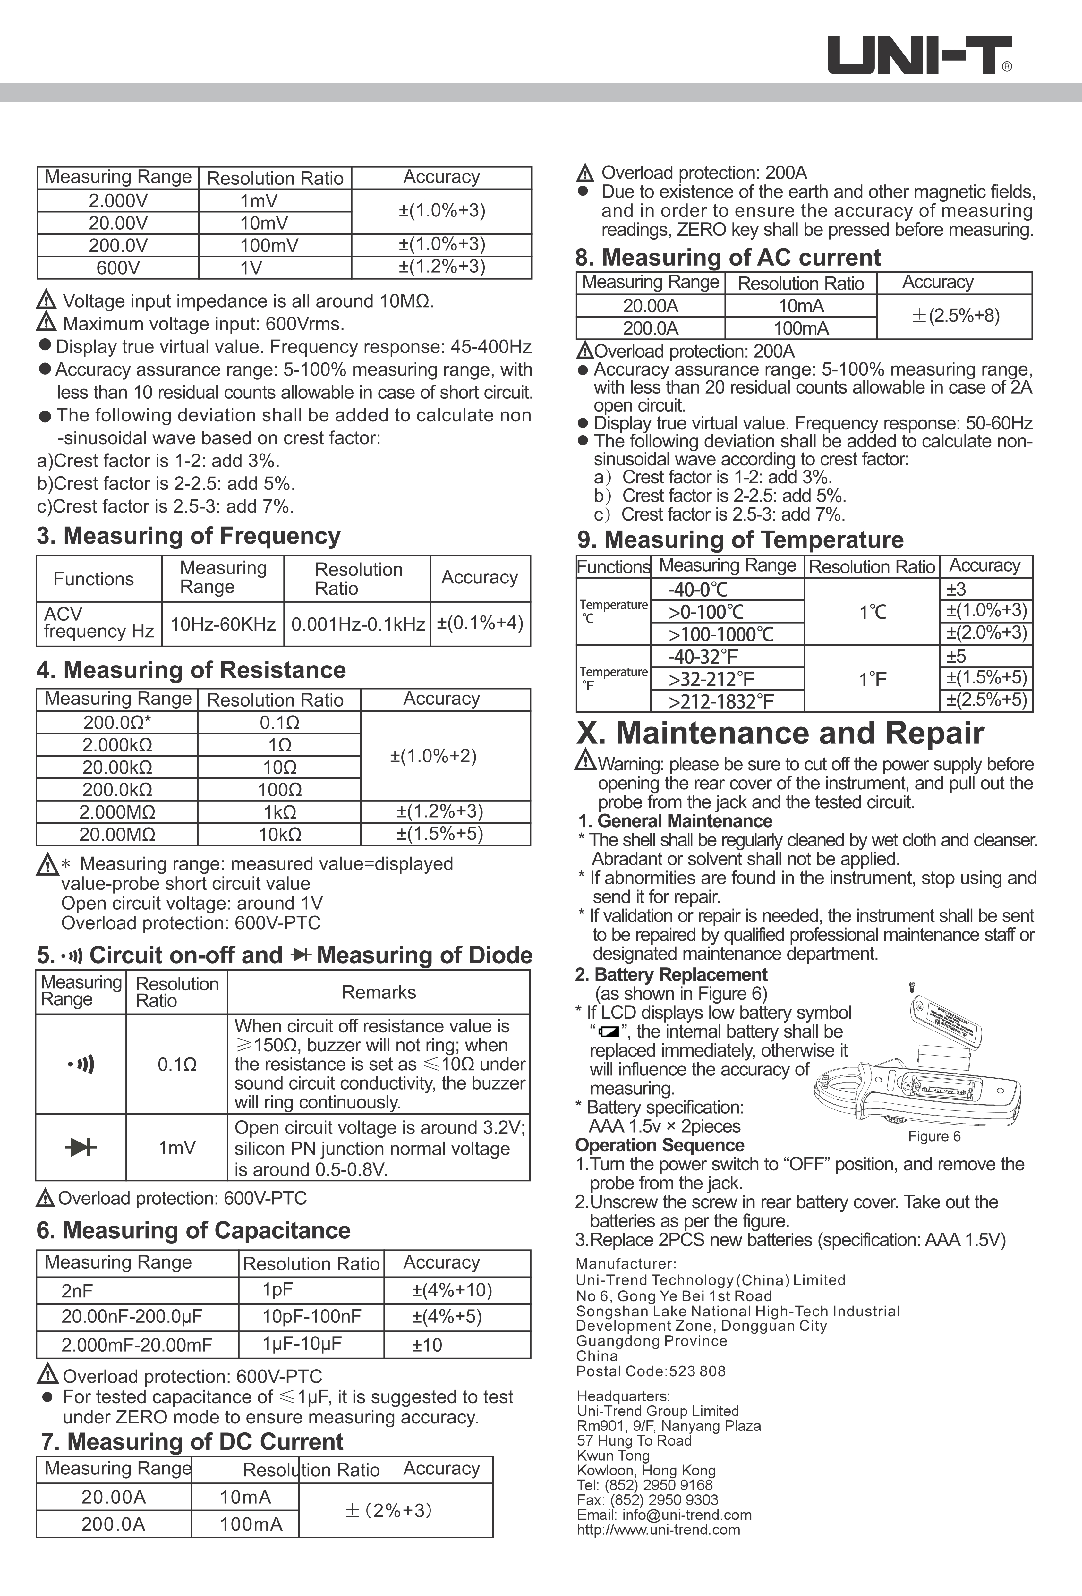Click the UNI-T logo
click(x=919, y=55)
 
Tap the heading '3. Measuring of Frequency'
click(x=188, y=536)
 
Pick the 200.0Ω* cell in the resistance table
click(x=117, y=722)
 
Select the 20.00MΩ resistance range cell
click(x=117, y=834)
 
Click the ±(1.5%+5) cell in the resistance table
click(x=440, y=834)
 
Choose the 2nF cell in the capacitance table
click(x=77, y=1291)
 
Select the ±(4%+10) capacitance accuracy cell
click(x=452, y=1290)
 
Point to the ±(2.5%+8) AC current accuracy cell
click(x=955, y=316)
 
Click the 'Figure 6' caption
click(x=933, y=1137)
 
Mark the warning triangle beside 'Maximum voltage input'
click(x=46, y=322)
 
